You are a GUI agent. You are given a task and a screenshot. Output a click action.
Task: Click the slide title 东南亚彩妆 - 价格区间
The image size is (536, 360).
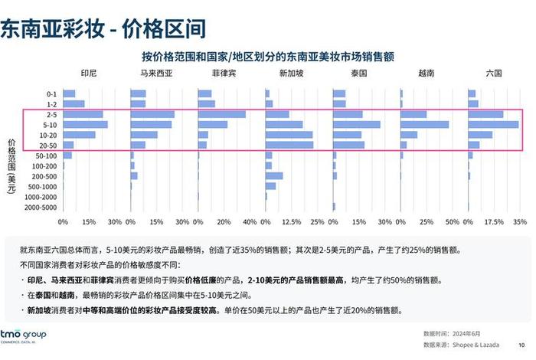(103, 29)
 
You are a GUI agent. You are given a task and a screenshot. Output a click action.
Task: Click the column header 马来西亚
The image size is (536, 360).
(155, 74)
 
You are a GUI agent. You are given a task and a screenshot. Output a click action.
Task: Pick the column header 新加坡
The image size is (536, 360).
(290, 74)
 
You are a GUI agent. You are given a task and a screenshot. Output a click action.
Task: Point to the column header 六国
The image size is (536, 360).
(494, 74)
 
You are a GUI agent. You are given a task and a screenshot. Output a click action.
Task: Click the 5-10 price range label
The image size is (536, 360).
(51, 125)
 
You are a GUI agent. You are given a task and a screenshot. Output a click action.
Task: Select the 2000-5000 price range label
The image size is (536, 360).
(41, 207)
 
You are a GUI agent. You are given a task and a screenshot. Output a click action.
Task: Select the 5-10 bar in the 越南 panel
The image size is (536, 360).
(424, 124)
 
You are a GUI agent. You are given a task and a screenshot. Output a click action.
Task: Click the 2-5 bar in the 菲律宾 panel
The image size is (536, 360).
(221, 114)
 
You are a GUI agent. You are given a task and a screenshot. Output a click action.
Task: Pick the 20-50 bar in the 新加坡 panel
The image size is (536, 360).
(289, 145)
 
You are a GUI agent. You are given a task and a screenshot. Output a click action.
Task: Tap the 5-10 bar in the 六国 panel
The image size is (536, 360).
(492, 124)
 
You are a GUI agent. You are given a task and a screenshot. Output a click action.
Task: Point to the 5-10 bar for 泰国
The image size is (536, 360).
(356, 124)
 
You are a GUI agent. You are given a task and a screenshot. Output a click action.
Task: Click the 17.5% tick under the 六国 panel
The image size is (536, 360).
(493, 222)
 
